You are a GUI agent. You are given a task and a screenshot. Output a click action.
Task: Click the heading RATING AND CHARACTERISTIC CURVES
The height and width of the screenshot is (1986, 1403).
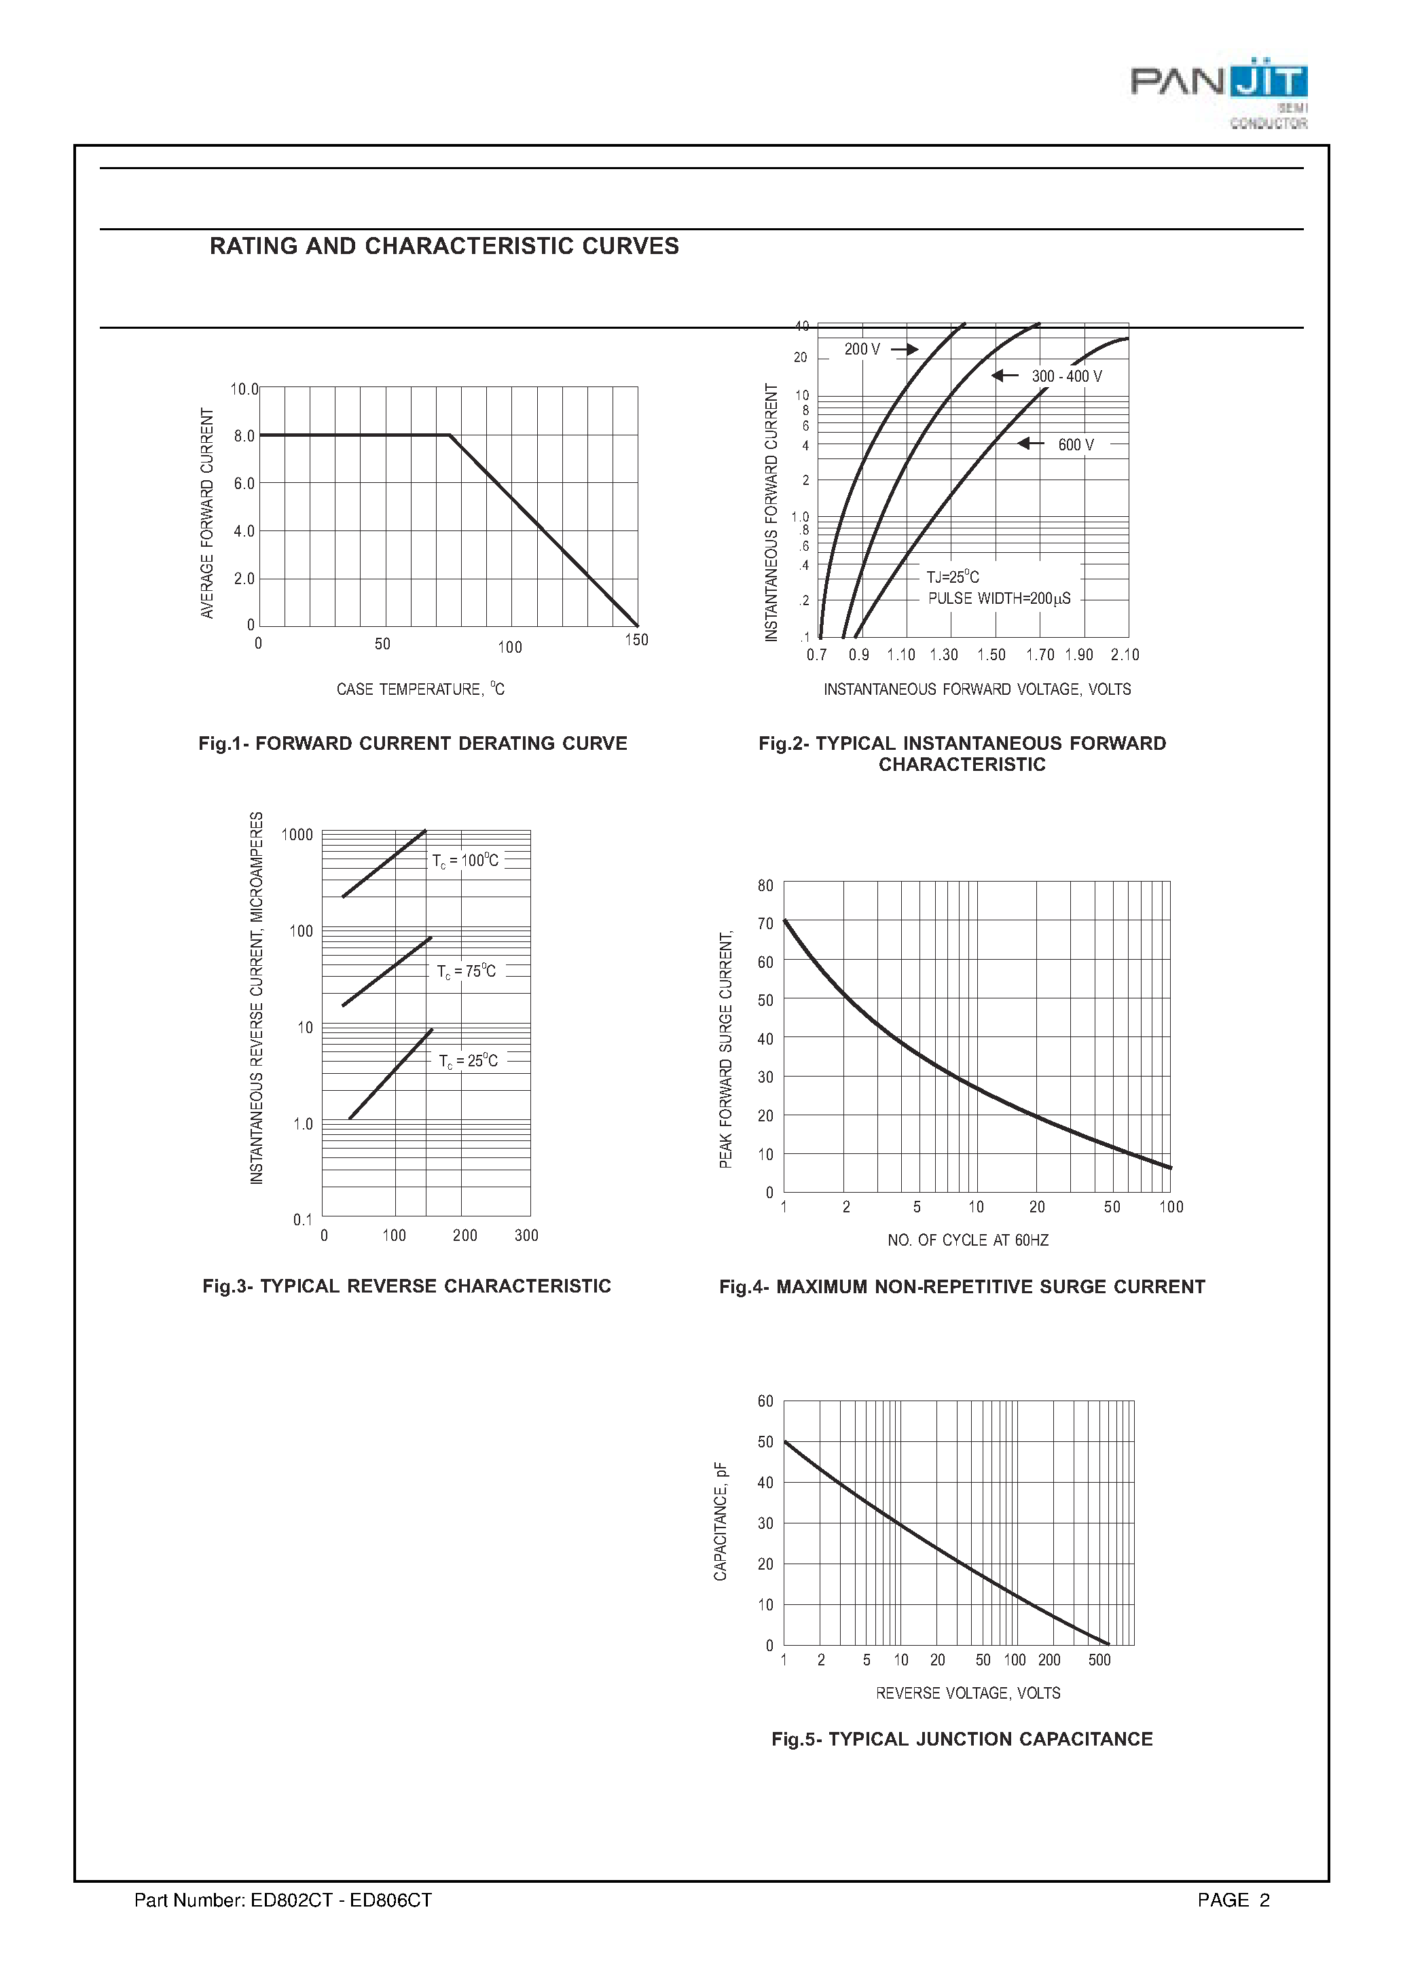coord(443,247)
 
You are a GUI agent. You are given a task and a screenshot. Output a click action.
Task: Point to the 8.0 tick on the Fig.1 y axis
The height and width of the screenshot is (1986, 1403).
coord(244,436)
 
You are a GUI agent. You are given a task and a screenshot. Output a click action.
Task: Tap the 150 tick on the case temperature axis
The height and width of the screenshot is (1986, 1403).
coord(636,640)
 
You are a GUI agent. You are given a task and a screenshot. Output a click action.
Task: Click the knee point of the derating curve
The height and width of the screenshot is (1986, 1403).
coord(450,435)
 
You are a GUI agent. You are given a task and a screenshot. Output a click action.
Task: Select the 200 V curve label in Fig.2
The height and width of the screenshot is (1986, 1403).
coord(862,350)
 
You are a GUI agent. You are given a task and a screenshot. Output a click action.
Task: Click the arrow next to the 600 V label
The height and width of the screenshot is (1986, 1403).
coord(1030,444)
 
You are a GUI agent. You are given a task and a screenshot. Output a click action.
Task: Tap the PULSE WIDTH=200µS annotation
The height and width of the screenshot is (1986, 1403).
coord(998,598)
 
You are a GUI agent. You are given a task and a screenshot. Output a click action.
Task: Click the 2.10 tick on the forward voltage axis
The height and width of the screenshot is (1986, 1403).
coord(1125,655)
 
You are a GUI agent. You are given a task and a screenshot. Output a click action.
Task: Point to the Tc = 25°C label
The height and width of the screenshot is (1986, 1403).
coord(468,1062)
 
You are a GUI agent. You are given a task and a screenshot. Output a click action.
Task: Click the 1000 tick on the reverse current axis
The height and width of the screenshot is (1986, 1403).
coord(297,835)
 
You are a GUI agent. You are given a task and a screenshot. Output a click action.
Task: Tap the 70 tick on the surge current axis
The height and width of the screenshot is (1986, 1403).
coord(765,924)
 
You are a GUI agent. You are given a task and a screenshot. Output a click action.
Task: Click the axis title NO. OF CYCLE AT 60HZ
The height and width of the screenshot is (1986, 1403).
coord(967,1240)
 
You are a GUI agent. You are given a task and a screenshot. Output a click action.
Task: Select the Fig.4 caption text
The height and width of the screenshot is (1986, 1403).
coord(962,1287)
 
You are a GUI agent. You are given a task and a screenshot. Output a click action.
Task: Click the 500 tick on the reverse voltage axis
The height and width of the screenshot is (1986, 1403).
coord(1099,1660)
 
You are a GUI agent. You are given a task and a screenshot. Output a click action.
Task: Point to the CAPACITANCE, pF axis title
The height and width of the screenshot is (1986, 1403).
coord(721,1521)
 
